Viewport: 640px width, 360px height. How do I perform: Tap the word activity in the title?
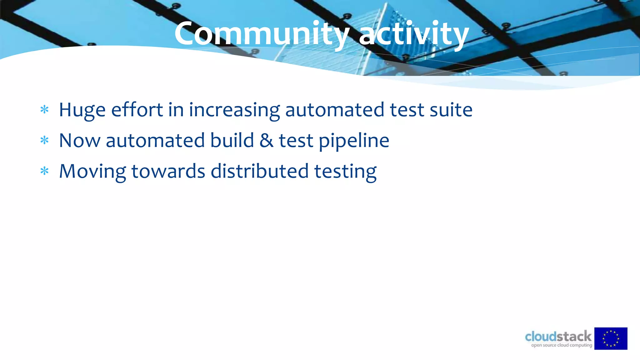pos(414,34)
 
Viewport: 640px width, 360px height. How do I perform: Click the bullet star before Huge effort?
pos(45,110)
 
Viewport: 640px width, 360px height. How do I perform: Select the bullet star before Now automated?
pos(45,140)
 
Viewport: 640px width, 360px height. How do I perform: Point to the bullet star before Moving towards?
pos(45,171)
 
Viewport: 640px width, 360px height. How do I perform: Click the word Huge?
pos(82,110)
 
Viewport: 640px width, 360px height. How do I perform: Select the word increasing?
pos(234,110)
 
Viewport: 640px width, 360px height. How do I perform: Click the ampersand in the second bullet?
pos(266,140)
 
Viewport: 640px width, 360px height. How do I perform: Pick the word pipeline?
pos(354,141)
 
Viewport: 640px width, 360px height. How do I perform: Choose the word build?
pos(232,140)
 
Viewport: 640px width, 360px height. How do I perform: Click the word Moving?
pos(92,172)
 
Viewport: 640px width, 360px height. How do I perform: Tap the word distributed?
pos(260,171)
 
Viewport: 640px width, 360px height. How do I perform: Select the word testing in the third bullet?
pos(345,172)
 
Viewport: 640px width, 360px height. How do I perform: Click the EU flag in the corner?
pos(611,338)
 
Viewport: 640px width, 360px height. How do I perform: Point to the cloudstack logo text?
pos(558,336)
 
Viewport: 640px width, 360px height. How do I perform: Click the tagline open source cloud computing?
pos(562,345)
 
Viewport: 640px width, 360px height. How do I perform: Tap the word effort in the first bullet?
pos(137,110)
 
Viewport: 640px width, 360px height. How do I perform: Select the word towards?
pos(168,171)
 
